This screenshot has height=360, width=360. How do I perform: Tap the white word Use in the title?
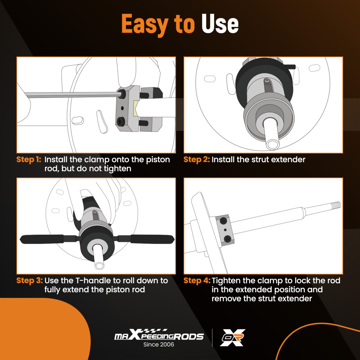pyautogui.click(x=220, y=23)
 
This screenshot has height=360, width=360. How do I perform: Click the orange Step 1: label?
pyautogui.click(x=29, y=159)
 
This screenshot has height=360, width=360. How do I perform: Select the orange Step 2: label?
pyautogui.click(x=197, y=159)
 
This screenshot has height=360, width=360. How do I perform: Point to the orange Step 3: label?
pyautogui.click(x=30, y=280)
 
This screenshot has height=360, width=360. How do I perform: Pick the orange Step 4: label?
pyautogui.click(x=197, y=280)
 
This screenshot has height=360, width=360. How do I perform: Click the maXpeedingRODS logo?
pyautogui.click(x=159, y=335)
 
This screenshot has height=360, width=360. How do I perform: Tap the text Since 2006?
pyautogui.click(x=159, y=345)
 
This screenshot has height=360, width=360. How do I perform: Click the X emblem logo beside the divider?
pyautogui.click(x=232, y=337)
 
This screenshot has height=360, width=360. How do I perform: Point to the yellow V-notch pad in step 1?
pyautogui.click(x=136, y=107)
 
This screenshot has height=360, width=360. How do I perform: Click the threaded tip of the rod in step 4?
pyautogui.click(x=335, y=205)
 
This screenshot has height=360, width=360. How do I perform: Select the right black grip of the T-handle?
pyautogui.click(x=152, y=239)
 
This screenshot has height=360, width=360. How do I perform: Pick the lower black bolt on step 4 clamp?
pyautogui.click(x=228, y=239)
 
